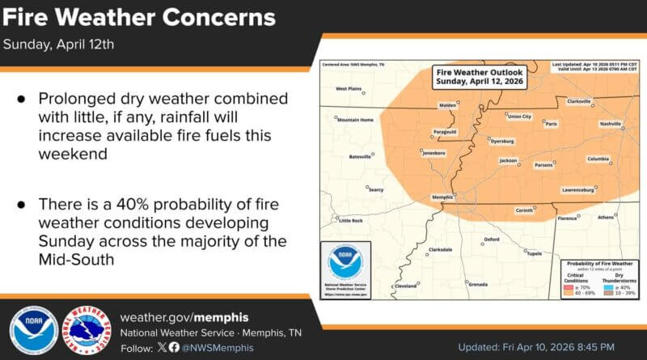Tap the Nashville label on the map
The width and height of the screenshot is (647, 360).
[610, 123]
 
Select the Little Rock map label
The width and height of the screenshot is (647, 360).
[350, 220]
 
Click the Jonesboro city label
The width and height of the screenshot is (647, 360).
[433, 152]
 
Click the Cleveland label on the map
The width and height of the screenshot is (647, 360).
[404, 286]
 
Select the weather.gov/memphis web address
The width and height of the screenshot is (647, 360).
[184, 316]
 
